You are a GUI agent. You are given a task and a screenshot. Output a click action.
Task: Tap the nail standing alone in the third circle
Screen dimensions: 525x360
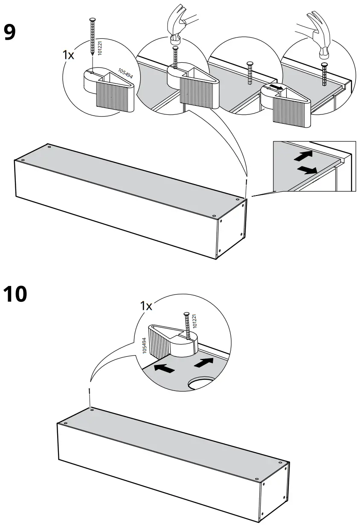coord(249,75)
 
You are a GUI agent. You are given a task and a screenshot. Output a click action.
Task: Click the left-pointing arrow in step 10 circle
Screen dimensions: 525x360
coord(163,368)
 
